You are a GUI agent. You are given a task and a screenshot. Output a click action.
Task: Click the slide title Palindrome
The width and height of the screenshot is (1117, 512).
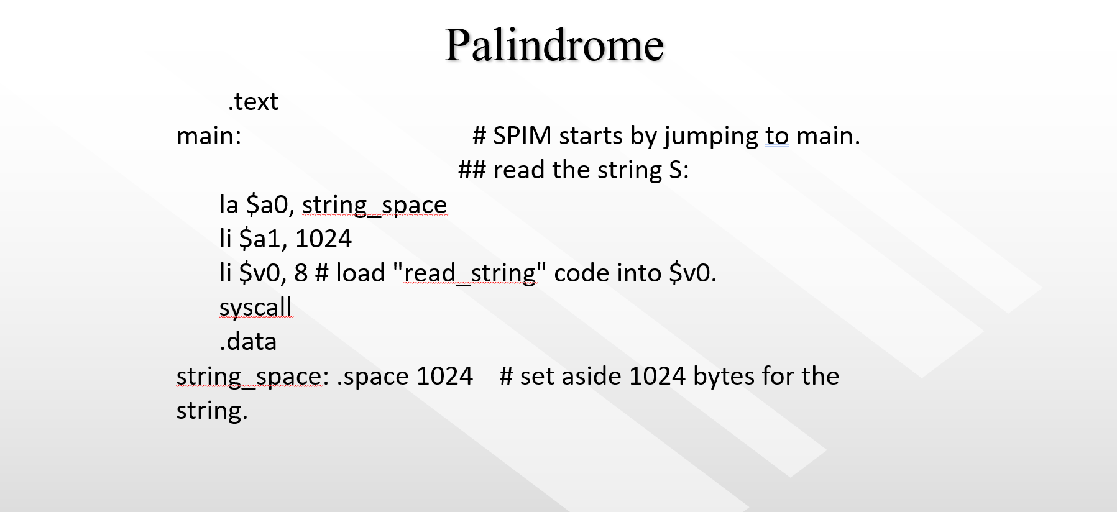click(554, 45)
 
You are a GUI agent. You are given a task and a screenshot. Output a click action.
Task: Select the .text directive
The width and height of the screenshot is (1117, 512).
click(253, 101)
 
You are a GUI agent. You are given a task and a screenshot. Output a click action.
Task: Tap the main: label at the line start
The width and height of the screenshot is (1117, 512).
click(209, 135)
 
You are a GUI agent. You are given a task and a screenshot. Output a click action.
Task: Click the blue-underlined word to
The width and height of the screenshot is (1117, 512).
click(777, 135)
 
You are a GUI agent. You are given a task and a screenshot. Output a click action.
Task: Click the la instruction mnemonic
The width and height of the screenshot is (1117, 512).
click(229, 204)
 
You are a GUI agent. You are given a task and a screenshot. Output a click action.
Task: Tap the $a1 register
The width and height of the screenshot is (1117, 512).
click(264, 239)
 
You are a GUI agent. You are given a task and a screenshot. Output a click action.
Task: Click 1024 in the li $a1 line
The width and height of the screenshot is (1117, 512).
click(323, 239)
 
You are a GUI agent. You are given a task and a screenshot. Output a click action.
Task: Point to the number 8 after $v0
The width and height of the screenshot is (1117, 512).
click(301, 273)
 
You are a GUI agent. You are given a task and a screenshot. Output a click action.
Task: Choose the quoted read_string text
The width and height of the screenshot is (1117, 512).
click(470, 273)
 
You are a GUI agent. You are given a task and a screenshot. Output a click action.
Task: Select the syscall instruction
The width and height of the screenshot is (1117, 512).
click(255, 307)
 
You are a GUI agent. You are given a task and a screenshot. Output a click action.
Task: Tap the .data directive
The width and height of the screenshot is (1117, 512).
click(248, 341)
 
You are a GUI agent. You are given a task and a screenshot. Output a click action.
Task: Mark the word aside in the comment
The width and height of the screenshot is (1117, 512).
click(593, 376)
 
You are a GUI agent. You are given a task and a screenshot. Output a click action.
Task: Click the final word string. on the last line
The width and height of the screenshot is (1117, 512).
click(212, 410)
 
